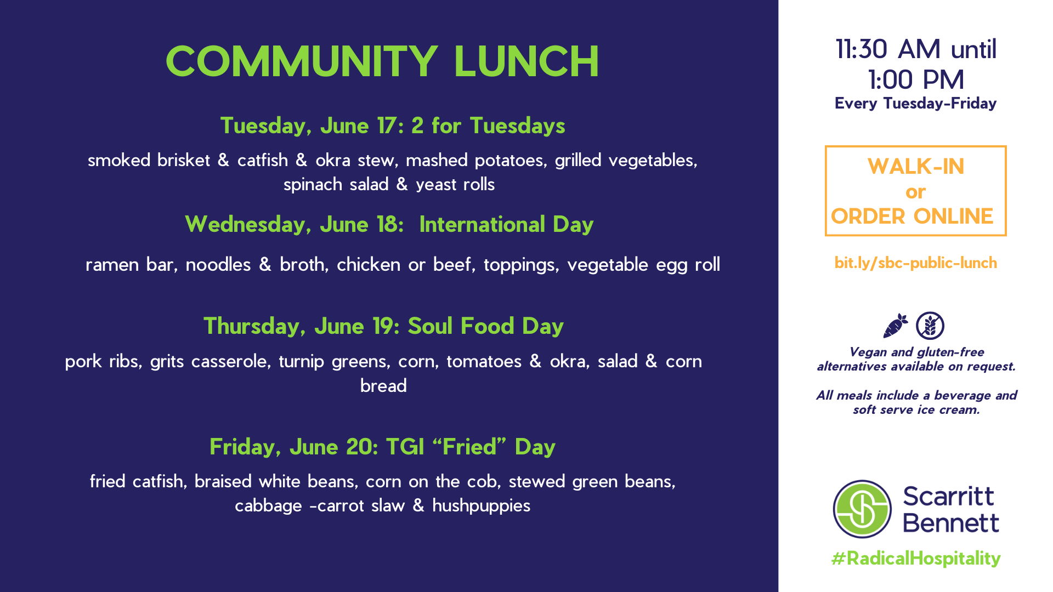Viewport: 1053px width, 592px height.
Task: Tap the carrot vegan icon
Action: [x=895, y=326]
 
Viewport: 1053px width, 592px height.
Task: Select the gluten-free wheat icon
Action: [x=930, y=326]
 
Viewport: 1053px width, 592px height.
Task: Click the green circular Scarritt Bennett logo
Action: [x=862, y=509]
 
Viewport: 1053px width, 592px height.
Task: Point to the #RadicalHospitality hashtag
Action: [x=916, y=559]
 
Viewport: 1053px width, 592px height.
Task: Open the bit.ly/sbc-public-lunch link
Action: [x=916, y=263]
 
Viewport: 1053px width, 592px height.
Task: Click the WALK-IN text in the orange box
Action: [x=916, y=167]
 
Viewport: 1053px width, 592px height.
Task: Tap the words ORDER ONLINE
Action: [x=912, y=217]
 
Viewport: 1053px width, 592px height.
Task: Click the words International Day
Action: [x=506, y=224]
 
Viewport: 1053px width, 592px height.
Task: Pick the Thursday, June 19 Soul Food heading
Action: [x=383, y=326]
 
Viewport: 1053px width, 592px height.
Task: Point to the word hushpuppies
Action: [x=481, y=505]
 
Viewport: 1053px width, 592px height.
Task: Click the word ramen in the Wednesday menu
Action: [x=112, y=265]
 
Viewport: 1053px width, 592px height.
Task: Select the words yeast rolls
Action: [x=455, y=185]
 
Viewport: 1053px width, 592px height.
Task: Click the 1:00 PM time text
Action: [x=916, y=80]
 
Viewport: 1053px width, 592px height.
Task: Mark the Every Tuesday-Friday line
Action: [x=916, y=104]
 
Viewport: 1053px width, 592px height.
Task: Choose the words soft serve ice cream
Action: [x=916, y=410]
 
